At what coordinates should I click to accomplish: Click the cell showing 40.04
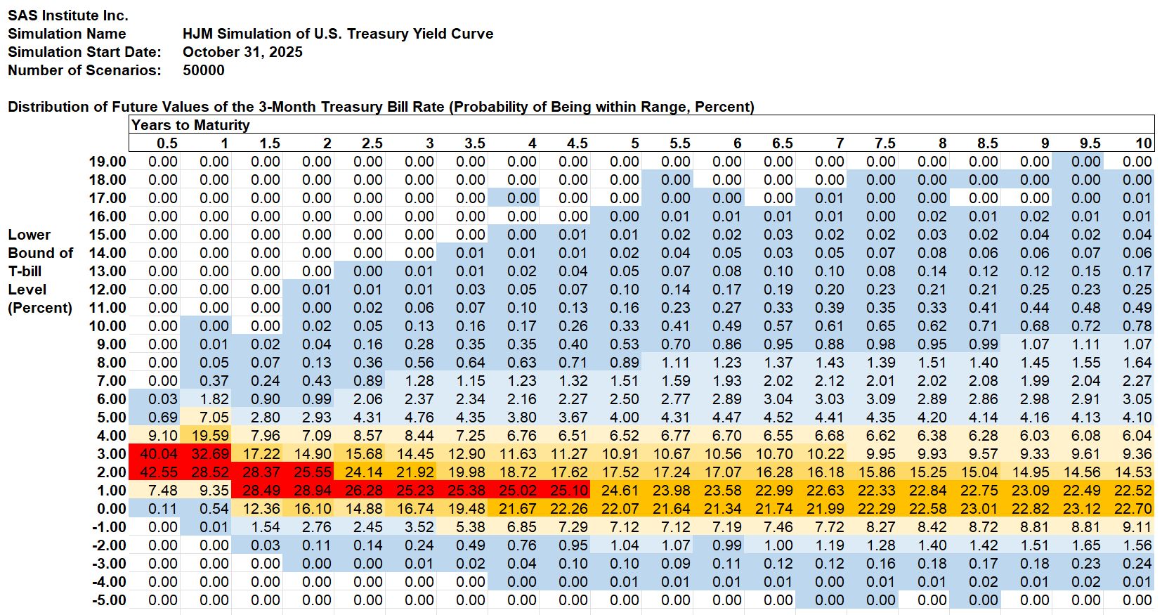(159, 454)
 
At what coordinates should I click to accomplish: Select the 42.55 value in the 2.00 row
(159, 472)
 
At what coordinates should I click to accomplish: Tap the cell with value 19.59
(210, 436)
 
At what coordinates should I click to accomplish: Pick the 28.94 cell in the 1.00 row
(313, 491)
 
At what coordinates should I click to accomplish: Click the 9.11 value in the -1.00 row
(1137, 527)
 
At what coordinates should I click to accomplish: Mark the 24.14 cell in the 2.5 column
(364, 472)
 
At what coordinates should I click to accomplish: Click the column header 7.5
(885, 143)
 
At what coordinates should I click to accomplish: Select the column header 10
(1144, 143)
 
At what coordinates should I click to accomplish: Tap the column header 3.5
(475, 143)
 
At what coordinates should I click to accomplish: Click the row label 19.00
(107, 162)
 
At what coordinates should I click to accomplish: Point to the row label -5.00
(109, 600)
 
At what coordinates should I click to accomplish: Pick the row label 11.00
(107, 308)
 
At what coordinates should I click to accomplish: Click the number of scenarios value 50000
(204, 70)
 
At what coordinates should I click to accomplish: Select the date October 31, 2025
(242, 52)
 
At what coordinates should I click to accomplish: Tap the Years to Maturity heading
(190, 125)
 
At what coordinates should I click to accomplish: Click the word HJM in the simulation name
(197, 34)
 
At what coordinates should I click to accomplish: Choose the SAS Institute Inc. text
(68, 15)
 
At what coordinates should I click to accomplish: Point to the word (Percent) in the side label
(40, 308)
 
